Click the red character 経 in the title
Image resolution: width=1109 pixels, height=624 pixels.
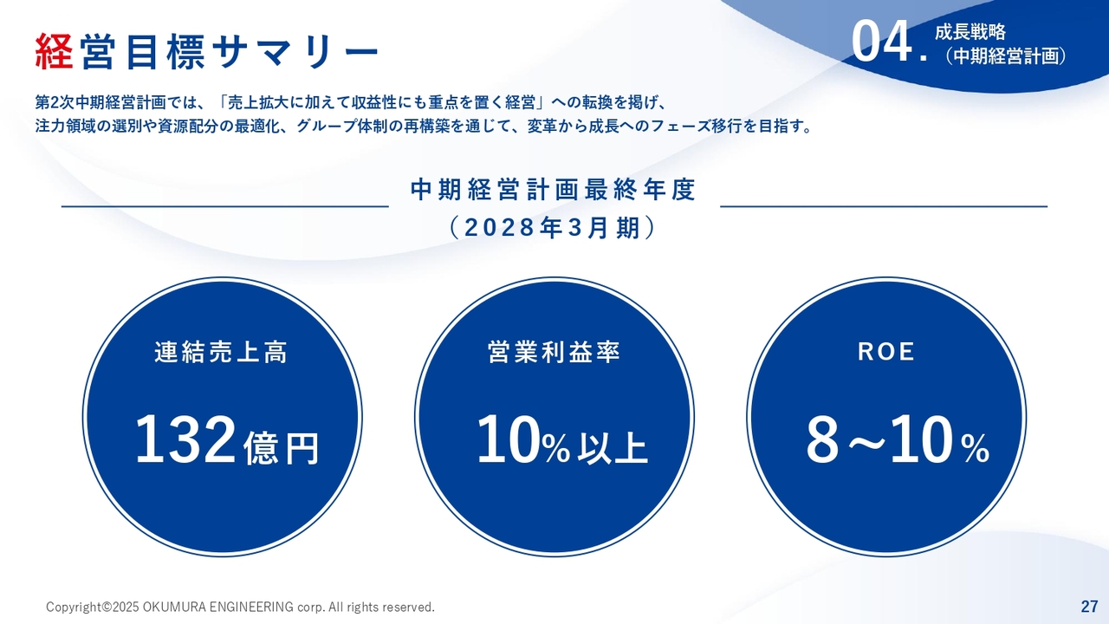[x=55, y=51]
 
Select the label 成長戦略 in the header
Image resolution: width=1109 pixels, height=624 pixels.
[x=970, y=32]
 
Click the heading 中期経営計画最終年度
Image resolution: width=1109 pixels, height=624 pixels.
[x=554, y=190]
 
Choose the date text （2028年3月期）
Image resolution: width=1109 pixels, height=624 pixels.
[x=554, y=228]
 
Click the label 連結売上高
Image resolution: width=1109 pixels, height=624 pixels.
[x=221, y=352]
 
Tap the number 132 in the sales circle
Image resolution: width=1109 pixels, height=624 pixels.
[x=185, y=439]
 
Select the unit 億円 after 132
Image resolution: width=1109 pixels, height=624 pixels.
[x=282, y=448]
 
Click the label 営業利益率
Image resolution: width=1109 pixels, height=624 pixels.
[x=554, y=352]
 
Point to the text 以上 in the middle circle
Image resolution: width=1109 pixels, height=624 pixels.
[x=613, y=448]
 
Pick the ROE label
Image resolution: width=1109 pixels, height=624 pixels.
[x=886, y=352]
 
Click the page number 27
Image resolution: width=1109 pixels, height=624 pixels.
[x=1089, y=606]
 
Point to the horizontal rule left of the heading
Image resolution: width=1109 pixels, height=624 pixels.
[x=225, y=206]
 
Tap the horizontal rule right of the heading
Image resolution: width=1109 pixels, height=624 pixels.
[x=884, y=206]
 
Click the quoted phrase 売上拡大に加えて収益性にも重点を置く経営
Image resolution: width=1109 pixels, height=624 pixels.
[x=382, y=102]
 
